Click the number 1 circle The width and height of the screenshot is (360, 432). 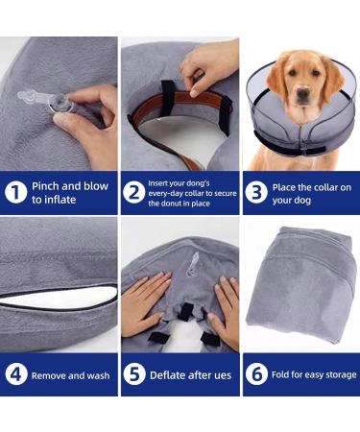pos(15,192)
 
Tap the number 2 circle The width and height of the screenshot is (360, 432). pos(135,192)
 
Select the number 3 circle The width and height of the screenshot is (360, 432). pos(256,192)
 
